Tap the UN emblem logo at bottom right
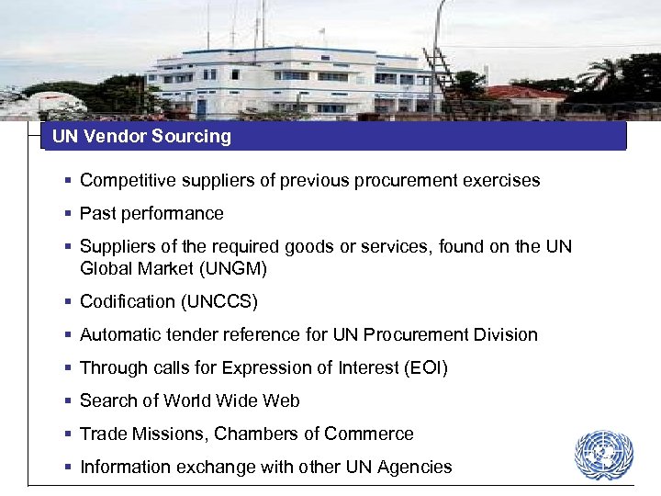coord(603,455)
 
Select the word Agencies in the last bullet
coord(412,467)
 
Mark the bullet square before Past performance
coord(69,213)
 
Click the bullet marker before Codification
coord(69,301)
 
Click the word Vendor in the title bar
coord(117,137)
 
